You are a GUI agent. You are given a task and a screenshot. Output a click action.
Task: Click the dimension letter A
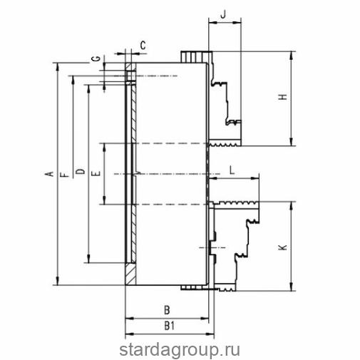pyautogui.click(x=50, y=174)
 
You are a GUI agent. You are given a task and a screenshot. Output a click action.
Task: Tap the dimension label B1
pyautogui.click(x=170, y=326)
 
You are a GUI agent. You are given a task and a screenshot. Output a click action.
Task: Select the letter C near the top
pyautogui.click(x=143, y=45)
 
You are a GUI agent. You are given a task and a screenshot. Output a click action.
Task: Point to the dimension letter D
pyautogui.click(x=81, y=171)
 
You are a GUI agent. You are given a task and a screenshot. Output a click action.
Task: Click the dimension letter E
pyautogui.click(x=96, y=174)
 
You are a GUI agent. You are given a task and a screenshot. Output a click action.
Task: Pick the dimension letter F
pyautogui.click(x=65, y=175)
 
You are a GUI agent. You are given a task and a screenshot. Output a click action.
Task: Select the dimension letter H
pyautogui.click(x=283, y=97)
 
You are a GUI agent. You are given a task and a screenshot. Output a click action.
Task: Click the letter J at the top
pyautogui.click(x=223, y=14)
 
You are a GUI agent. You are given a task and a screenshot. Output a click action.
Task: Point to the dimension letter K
pyautogui.click(x=283, y=247)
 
